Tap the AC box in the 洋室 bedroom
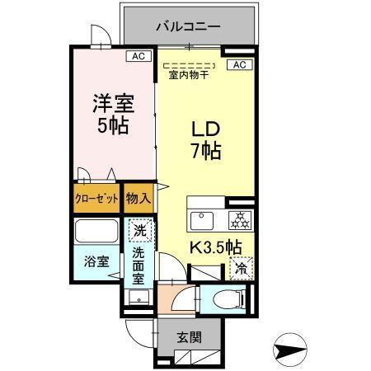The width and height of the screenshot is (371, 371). pos(137,56)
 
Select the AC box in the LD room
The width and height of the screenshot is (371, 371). pos(238,64)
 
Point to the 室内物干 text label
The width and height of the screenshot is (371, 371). pos(188,76)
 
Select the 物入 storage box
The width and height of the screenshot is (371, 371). pos(138,199)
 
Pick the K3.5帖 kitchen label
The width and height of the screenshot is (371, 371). pos(216,247)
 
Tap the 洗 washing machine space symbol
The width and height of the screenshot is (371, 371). pos(139,228)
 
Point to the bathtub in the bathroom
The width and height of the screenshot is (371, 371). pos(97,231)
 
